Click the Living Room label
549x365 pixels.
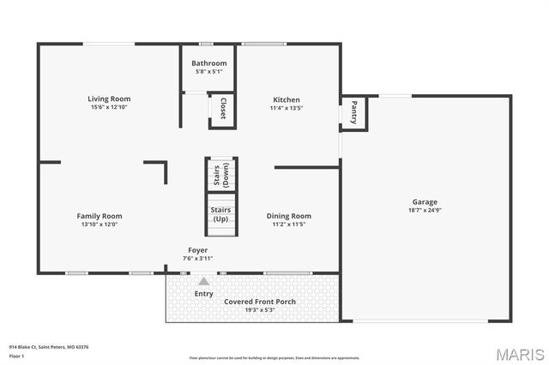pos(109,99)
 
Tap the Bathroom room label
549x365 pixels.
pos(209,63)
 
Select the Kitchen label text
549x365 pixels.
pos(287,99)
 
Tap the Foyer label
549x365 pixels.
pos(198,250)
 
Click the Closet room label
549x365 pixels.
pos(223,111)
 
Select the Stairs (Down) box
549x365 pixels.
pos(221,175)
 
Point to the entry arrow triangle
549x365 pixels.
pos(203,280)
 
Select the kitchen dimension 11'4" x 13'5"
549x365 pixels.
pos(287,108)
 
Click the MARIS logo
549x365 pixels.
pos(519,354)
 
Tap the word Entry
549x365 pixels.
pos(203,294)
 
